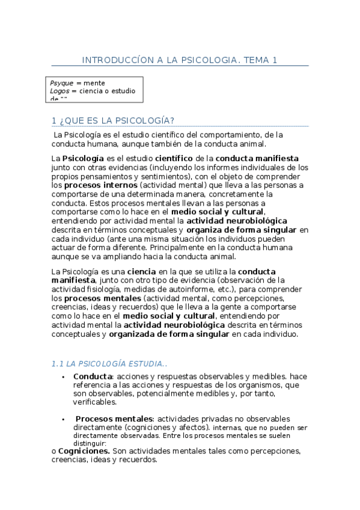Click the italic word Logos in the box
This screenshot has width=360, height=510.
(59, 91)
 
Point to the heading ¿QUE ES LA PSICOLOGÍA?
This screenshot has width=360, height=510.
(118, 120)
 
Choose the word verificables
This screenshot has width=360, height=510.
(95, 402)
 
